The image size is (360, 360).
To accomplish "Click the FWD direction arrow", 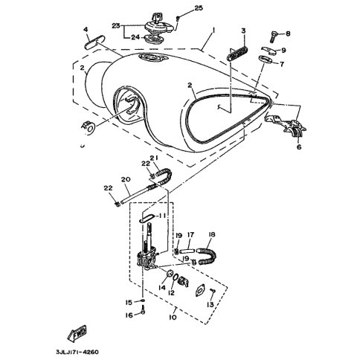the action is (x=77, y=332).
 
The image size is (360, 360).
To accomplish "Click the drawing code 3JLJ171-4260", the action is (x=77, y=352).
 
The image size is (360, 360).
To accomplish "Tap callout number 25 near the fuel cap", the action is (x=199, y=8).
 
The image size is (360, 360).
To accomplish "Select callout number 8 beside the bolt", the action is (x=288, y=33).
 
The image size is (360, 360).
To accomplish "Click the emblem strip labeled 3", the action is (x=237, y=54).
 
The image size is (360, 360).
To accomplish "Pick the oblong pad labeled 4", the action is (x=94, y=42).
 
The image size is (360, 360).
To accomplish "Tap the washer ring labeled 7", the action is (x=266, y=60).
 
